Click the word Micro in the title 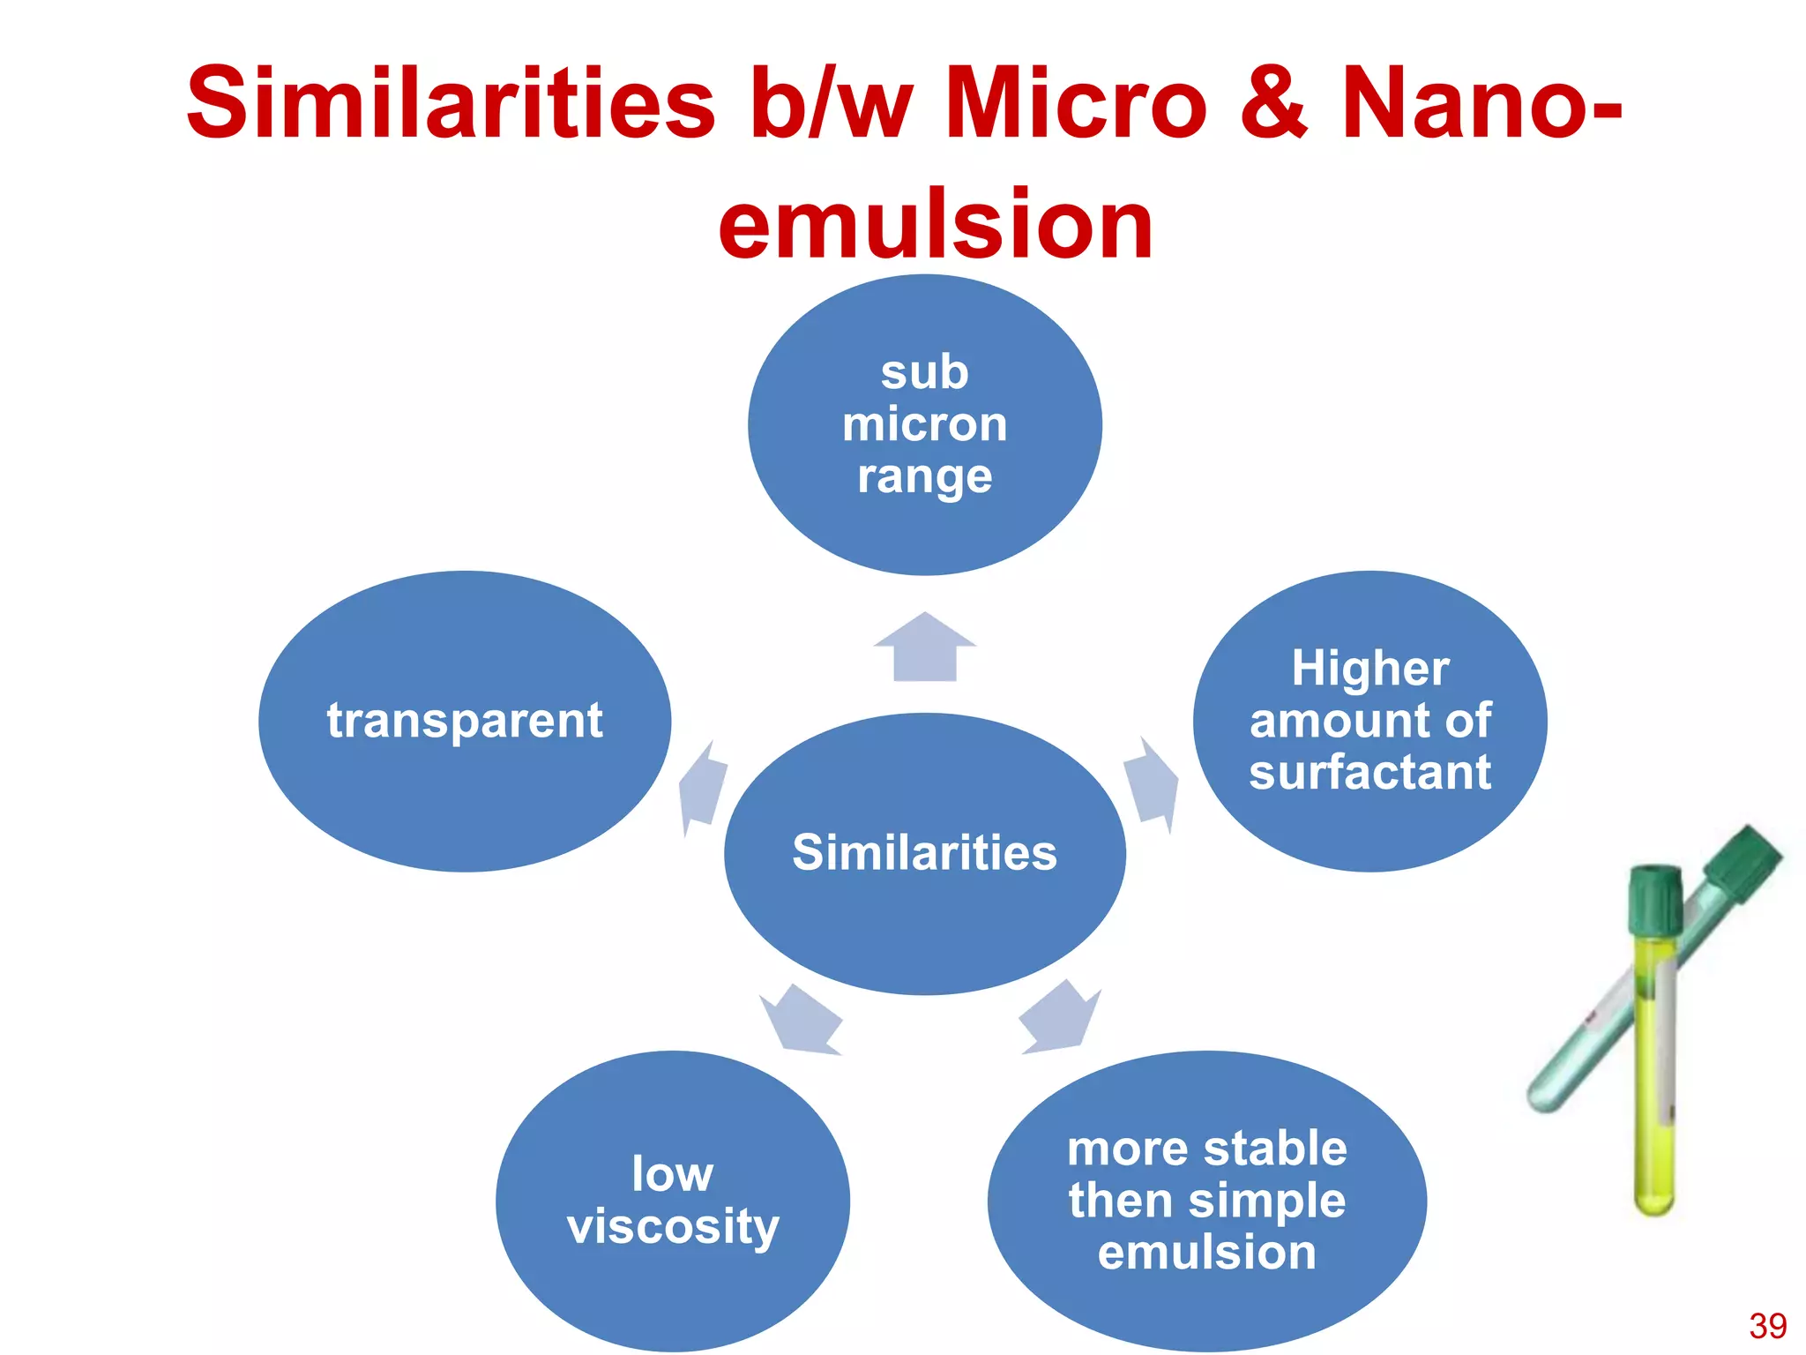pos(1076,104)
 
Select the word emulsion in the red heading pos(935,225)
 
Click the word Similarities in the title pos(450,104)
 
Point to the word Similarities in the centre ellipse pos(924,852)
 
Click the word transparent pos(465,721)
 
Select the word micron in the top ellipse pos(924,424)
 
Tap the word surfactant pos(1369,772)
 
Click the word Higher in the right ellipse pos(1369,668)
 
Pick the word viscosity pos(673,1226)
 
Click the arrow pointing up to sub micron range pos(925,648)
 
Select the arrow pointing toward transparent pos(703,788)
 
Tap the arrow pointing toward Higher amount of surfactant pos(1151,782)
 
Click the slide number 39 pos(1767,1326)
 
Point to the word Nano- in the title pos(1481,104)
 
